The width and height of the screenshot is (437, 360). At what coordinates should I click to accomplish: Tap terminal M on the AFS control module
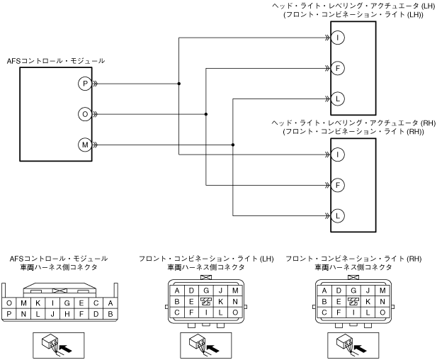(85, 145)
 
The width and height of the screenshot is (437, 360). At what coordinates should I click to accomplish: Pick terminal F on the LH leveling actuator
(338, 68)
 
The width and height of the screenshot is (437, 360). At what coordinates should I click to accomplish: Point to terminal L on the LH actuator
(338, 99)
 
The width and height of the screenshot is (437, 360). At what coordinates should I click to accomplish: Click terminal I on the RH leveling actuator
(338, 154)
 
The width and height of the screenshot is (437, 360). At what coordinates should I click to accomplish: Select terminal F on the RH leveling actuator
(338, 184)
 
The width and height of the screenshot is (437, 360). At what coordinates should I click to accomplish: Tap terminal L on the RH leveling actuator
(338, 215)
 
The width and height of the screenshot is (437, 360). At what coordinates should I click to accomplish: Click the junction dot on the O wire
(205, 114)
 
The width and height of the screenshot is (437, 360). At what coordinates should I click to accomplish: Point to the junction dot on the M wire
(233, 145)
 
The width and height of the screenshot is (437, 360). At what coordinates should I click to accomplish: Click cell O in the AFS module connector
(9, 303)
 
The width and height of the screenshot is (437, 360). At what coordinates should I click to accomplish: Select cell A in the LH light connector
(176, 291)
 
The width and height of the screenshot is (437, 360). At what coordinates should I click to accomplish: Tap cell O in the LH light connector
(234, 313)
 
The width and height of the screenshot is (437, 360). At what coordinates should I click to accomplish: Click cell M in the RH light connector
(382, 291)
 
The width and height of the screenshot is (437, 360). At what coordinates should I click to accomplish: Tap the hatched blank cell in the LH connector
(205, 301)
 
